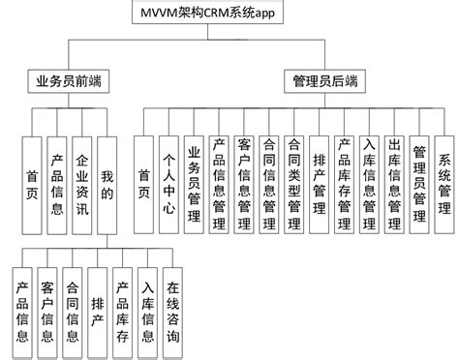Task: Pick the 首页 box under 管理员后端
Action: (x=144, y=179)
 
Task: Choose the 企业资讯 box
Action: (x=81, y=179)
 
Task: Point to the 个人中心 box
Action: (x=168, y=179)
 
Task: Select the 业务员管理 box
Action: (x=194, y=179)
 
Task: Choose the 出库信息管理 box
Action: (x=395, y=179)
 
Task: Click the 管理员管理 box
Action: (x=420, y=179)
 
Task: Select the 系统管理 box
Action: (x=444, y=179)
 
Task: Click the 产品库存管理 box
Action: (x=345, y=179)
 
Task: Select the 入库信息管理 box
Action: (x=370, y=179)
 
